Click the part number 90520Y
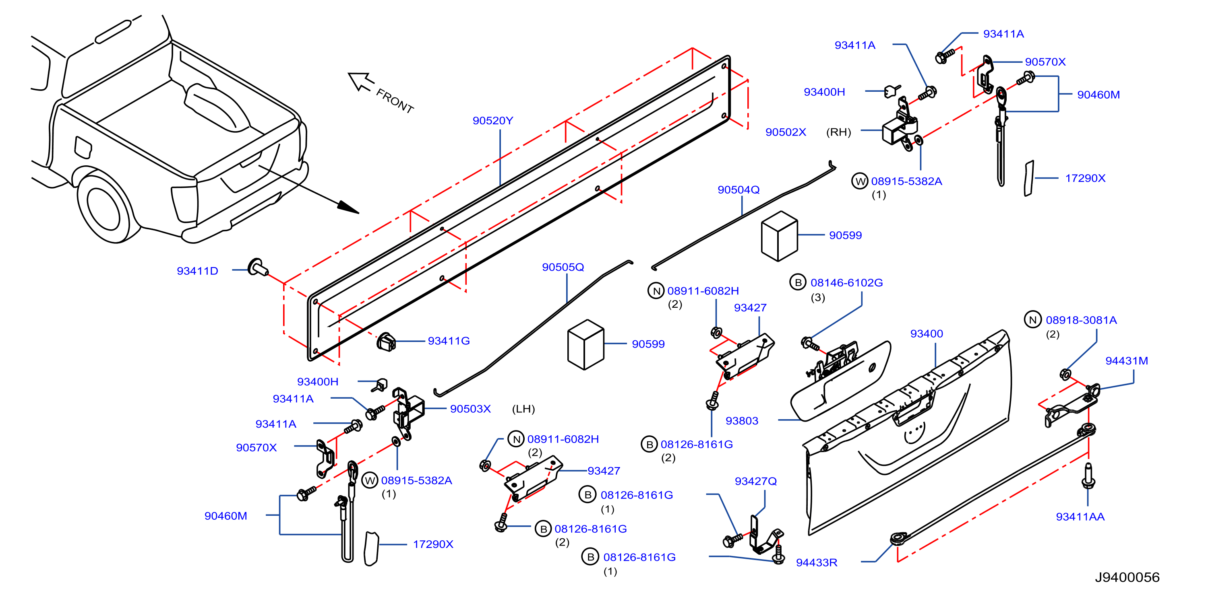point(492,121)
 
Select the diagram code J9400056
point(1127,577)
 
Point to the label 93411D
point(197,271)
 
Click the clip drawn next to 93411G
point(386,342)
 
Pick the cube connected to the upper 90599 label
point(780,236)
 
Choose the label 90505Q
point(563,267)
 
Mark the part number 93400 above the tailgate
point(927,333)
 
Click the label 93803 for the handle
point(742,421)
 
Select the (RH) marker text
point(838,132)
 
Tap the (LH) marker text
point(523,409)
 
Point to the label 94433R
point(817,562)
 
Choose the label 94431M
point(1126,361)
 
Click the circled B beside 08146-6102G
point(798,282)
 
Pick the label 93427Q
point(756,481)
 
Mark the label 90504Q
point(738,189)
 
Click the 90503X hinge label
point(470,409)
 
